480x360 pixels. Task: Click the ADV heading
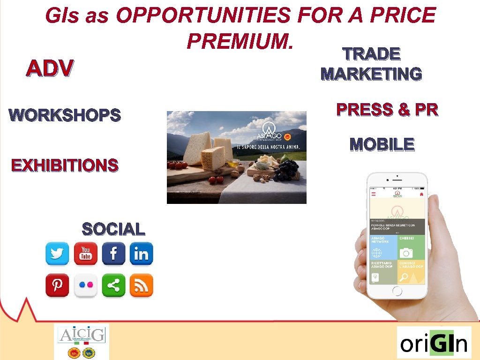[x=50, y=69]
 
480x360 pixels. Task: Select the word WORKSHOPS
[x=65, y=115]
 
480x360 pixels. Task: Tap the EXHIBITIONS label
[x=65, y=165]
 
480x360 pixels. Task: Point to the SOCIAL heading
[x=113, y=229]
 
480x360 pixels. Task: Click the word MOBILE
[x=382, y=144]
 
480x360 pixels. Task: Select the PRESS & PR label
[x=387, y=110]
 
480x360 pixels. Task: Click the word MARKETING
[x=371, y=74]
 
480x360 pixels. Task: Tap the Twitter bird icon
[x=57, y=254]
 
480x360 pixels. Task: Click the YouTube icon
[x=85, y=254]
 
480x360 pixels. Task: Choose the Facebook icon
[x=113, y=254]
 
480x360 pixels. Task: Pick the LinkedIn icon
[x=141, y=254]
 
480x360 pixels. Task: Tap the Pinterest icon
[x=57, y=285]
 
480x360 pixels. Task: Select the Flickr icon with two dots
[x=85, y=285]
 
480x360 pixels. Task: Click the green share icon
[x=113, y=285]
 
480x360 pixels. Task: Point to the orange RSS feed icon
[x=141, y=285]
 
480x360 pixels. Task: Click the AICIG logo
[x=82, y=341]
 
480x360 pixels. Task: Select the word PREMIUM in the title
[x=240, y=41]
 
